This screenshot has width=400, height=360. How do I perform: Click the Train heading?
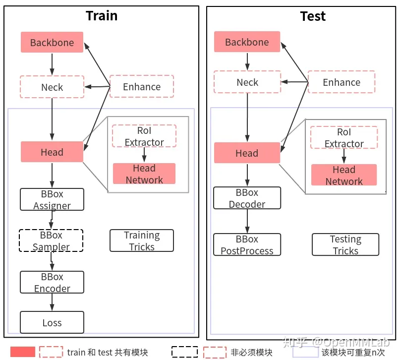pos(102,15)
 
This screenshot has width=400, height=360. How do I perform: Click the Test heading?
pos(313,16)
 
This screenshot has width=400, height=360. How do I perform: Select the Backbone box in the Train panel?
pos(52,43)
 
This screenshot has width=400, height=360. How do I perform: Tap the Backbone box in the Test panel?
pos(247,42)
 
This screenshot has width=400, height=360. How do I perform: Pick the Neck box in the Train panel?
pos(52,87)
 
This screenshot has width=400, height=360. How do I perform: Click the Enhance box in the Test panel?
pos(342,82)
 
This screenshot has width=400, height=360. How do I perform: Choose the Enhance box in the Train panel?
pos(142,87)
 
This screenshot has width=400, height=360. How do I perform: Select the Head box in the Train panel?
pos(52,152)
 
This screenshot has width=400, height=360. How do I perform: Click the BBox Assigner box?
pos(52,200)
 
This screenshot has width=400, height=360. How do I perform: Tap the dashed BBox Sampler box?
pos(52,240)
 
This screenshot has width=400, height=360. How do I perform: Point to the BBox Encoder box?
pos(52,283)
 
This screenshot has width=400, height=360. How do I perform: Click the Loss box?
pos(52,323)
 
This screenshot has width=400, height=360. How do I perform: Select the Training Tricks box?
pos(142,241)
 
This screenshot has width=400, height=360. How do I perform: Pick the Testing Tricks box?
pos(345,245)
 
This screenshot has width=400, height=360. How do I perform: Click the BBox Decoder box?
pos(247,198)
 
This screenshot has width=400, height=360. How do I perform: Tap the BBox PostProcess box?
pos(247,245)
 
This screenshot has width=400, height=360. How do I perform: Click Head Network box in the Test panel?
pos(344,176)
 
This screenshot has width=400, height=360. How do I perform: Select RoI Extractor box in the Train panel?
pos(144,136)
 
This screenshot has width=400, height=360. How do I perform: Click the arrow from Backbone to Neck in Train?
pos(52,64)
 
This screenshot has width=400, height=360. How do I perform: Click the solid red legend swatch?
pos(23,352)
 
